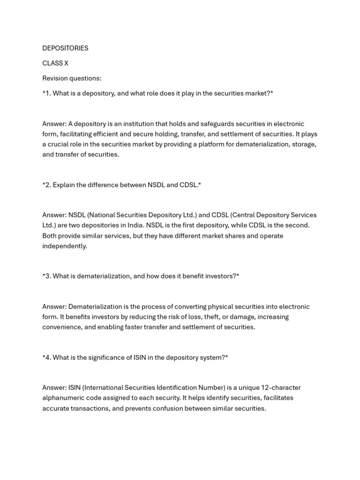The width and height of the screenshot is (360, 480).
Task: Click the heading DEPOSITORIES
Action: click(65, 48)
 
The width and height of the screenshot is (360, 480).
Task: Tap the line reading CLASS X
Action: click(55, 63)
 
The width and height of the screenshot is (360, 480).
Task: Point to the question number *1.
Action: click(46, 93)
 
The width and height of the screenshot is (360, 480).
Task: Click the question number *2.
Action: click(46, 185)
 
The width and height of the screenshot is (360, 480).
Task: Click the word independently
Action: click(65, 246)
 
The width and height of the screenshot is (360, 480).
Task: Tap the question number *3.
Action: click(46, 276)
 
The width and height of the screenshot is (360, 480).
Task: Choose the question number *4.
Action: click(46, 358)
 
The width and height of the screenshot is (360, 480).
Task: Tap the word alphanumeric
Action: click(63, 398)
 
